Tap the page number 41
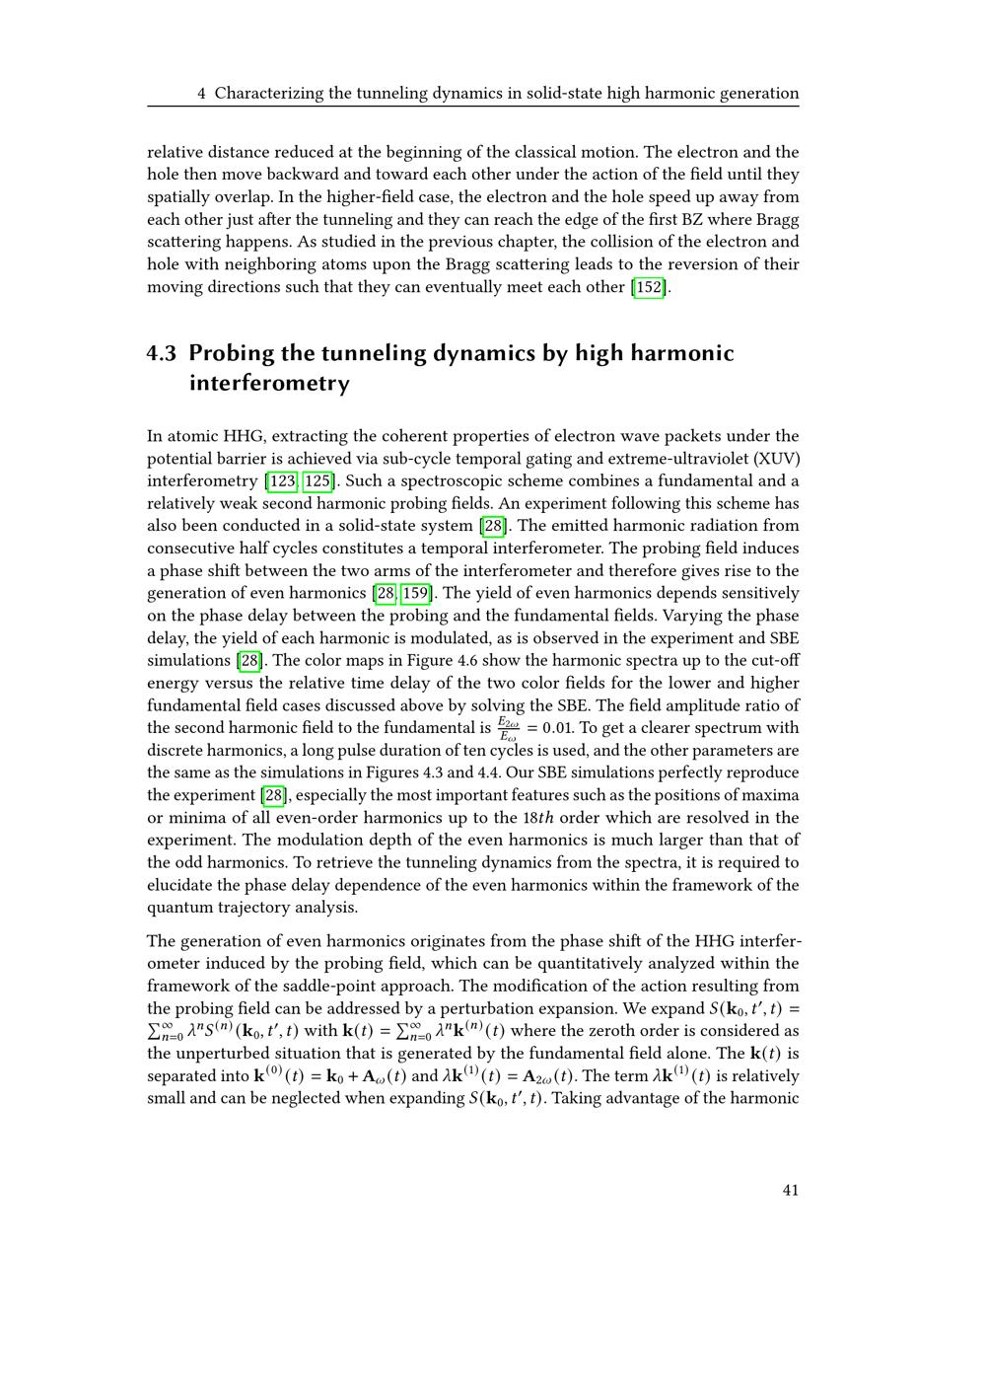click(790, 1190)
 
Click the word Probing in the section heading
click(233, 353)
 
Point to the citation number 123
click(282, 481)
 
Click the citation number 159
click(416, 593)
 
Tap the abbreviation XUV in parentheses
click(775, 459)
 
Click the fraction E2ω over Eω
click(508, 728)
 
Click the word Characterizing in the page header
click(268, 94)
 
